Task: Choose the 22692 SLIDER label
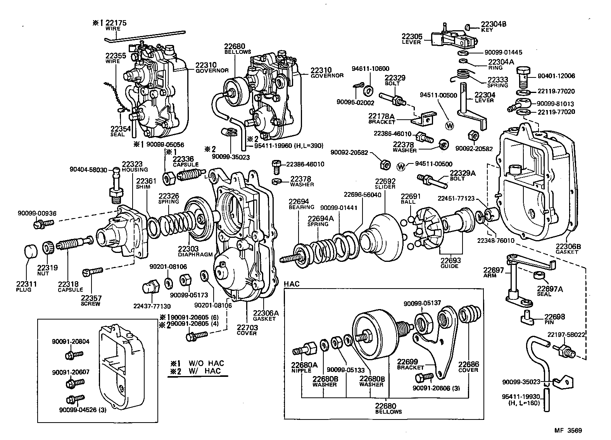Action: point(385,183)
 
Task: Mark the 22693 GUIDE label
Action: point(450,263)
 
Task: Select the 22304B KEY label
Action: point(493,26)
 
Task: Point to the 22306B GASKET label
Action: point(568,248)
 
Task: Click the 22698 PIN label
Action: point(554,319)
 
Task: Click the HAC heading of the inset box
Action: point(292,284)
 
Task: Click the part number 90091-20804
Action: point(71,341)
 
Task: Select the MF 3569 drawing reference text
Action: point(568,430)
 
